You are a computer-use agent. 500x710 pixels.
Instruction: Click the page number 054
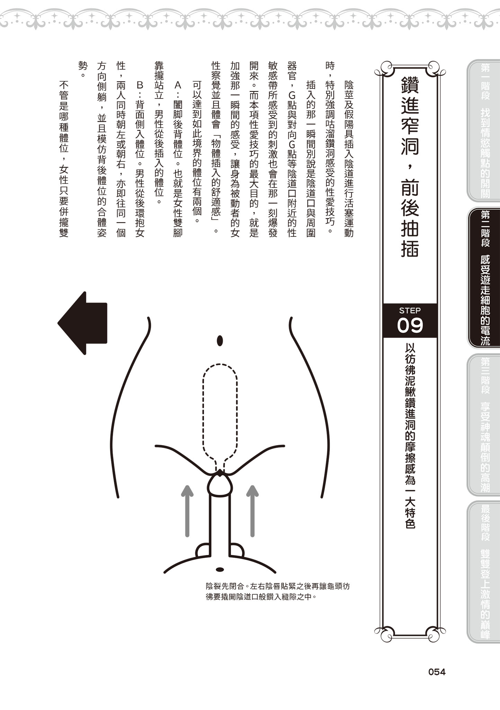[x=437, y=672]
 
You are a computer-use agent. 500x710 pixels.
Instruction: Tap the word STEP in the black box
[x=410, y=310]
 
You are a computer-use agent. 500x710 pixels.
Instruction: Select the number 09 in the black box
[x=410, y=326]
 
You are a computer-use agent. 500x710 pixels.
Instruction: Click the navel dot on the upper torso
[x=220, y=340]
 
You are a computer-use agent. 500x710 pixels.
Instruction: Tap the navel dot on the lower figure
[x=220, y=569]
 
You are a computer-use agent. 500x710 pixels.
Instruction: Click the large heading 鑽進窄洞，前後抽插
[x=410, y=166]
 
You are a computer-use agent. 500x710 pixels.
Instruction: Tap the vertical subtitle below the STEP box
[x=410, y=435]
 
